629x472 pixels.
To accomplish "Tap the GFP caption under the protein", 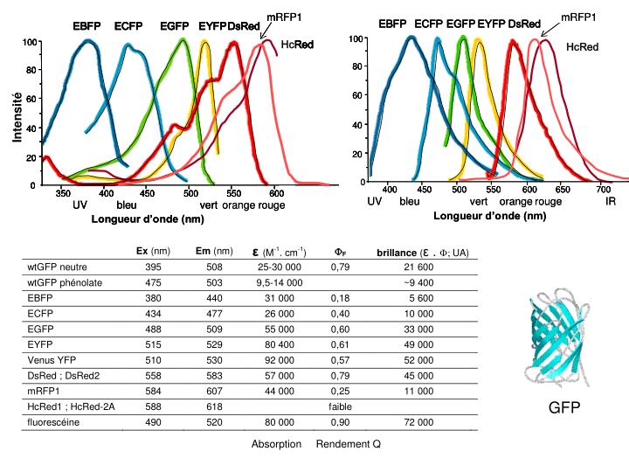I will tap(563, 408).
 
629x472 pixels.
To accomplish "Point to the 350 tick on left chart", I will tap(62, 194).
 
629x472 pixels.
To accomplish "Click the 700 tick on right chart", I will tap(603, 189).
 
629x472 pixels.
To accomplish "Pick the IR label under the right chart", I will tap(611, 202).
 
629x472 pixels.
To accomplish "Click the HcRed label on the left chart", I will tap(297, 44).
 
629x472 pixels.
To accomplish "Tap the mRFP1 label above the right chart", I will tap(578, 17).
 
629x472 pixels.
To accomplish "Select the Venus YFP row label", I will tap(54, 359).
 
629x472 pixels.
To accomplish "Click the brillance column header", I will tap(422, 253).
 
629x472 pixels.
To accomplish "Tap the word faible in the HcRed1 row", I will tap(340, 406).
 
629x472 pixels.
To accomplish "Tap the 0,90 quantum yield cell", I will tap(340, 422).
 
